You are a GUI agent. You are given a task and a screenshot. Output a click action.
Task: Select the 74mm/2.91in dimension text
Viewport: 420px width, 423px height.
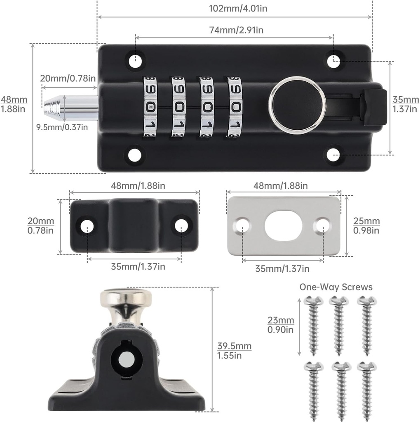tap(234, 30)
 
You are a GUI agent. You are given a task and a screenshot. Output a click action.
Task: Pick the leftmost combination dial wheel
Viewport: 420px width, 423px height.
tap(150, 107)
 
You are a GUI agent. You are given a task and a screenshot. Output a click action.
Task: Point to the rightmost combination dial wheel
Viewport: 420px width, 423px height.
tap(235, 107)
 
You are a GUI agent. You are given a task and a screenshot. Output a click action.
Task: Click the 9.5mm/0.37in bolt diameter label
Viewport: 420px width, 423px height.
tap(62, 127)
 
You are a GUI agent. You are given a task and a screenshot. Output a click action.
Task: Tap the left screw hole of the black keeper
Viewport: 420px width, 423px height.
tap(87, 226)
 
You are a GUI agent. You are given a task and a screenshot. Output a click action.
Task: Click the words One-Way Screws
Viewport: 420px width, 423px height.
tap(336, 287)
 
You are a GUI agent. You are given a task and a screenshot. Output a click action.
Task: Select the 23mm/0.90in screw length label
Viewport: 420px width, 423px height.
tap(281, 325)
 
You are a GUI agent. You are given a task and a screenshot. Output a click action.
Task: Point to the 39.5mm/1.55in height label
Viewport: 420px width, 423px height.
tap(234, 351)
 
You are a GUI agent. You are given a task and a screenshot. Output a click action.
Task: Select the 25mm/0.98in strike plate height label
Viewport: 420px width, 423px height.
tap(367, 226)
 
